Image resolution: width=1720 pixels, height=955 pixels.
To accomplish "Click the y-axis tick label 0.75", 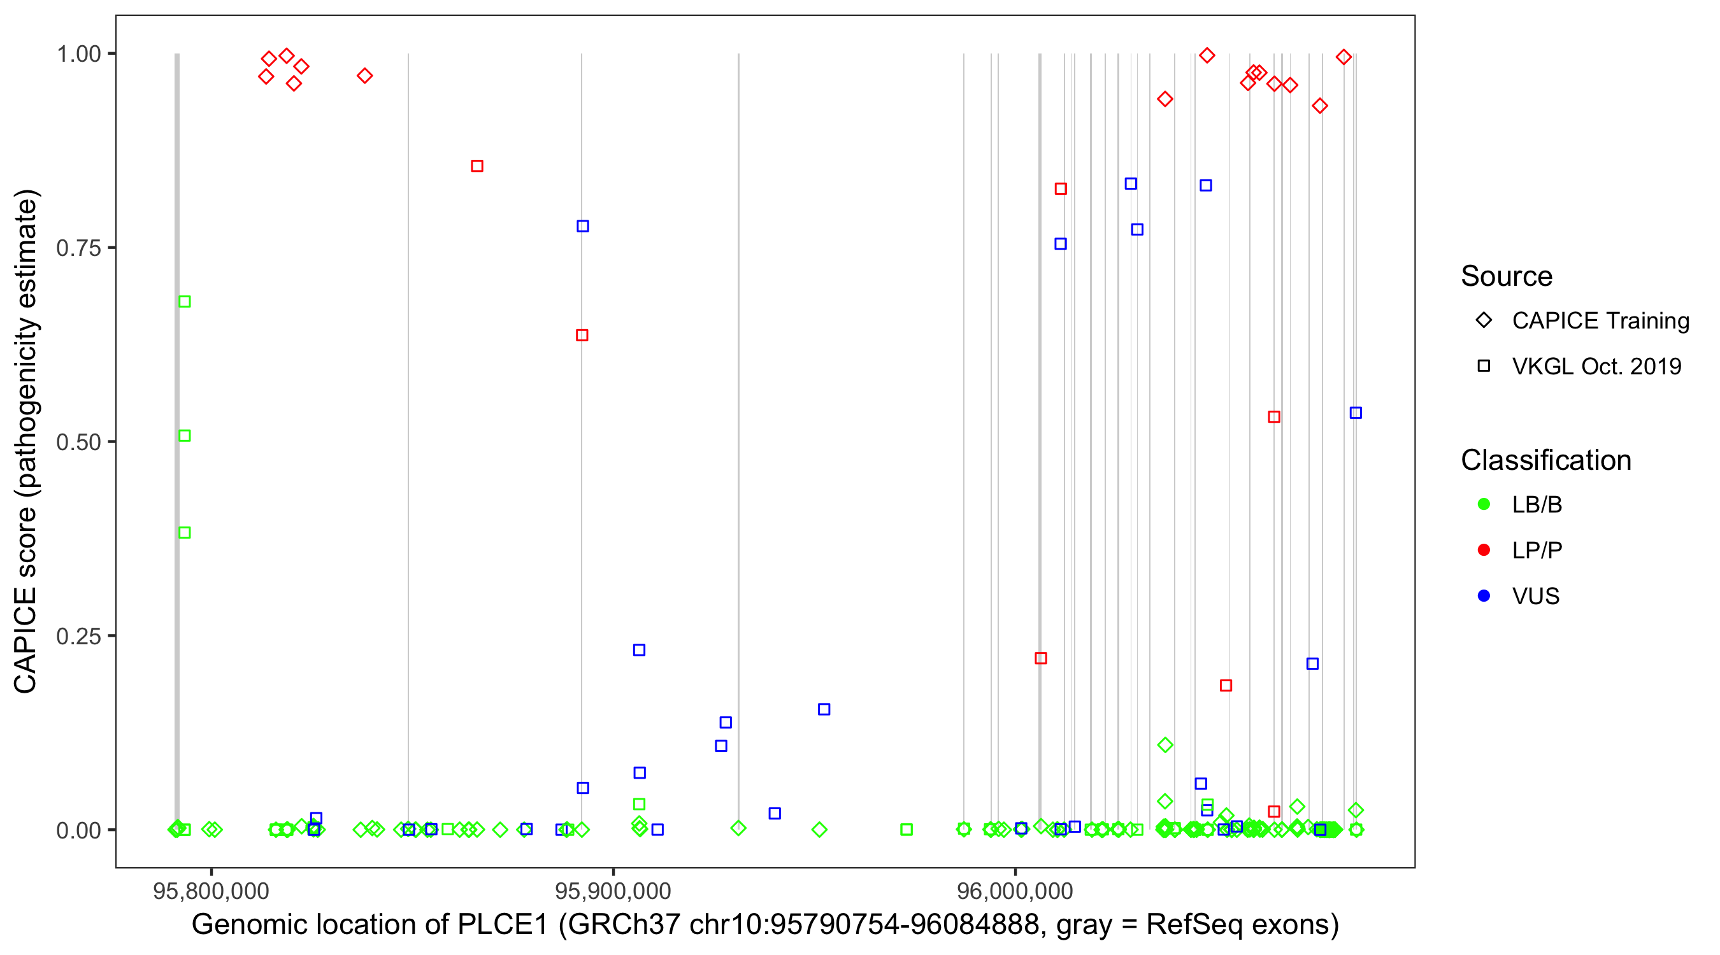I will pyautogui.click(x=78, y=248).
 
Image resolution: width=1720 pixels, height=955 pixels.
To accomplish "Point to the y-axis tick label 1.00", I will pyautogui.click(x=78, y=54).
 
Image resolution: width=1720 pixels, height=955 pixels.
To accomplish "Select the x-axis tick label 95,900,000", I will pyautogui.click(x=612, y=891).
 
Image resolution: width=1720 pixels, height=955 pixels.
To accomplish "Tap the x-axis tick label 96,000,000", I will pyautogui.click(x=1015, y=891).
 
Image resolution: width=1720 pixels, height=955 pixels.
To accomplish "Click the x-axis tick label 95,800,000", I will pyautogui.click(x=210, y=891).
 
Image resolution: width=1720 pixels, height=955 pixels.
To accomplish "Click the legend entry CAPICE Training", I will pyautogui.click(x=1600, y=321).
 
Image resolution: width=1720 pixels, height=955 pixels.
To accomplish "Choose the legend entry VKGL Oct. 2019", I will pyautogui.click(x=1596, y=366).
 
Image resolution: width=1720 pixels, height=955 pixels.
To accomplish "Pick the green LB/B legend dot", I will pyautogui.click(x=1484, y=504).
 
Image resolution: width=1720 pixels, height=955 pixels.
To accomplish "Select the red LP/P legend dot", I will pyautogui.click(x=1484, y=550).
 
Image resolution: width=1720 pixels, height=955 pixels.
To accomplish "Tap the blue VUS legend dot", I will pyautogui.click(x=1484, y=596).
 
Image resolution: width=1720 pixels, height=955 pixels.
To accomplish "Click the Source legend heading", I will pyautogui.click(x=1507, y=276).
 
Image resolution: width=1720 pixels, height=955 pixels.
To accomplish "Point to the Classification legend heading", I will pyautogui.click(x=1545, y=460).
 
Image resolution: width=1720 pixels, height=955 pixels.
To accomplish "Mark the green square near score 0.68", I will pyautogui.click(x=185, y=302).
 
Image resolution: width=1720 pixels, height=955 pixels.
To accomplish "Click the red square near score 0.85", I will pyautogui.click(x=477, y=166).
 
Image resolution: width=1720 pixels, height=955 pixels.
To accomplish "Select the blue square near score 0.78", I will pyautogui.click(x=583, y=226).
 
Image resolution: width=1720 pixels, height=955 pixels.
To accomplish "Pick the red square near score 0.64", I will pyautogui.click(x=582, y=335).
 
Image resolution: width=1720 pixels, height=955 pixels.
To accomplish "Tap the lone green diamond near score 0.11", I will pyautogui.click(x=1165, y=745).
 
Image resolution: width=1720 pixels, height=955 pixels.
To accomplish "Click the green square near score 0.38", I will pyautogui.click(x=185, y=532).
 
